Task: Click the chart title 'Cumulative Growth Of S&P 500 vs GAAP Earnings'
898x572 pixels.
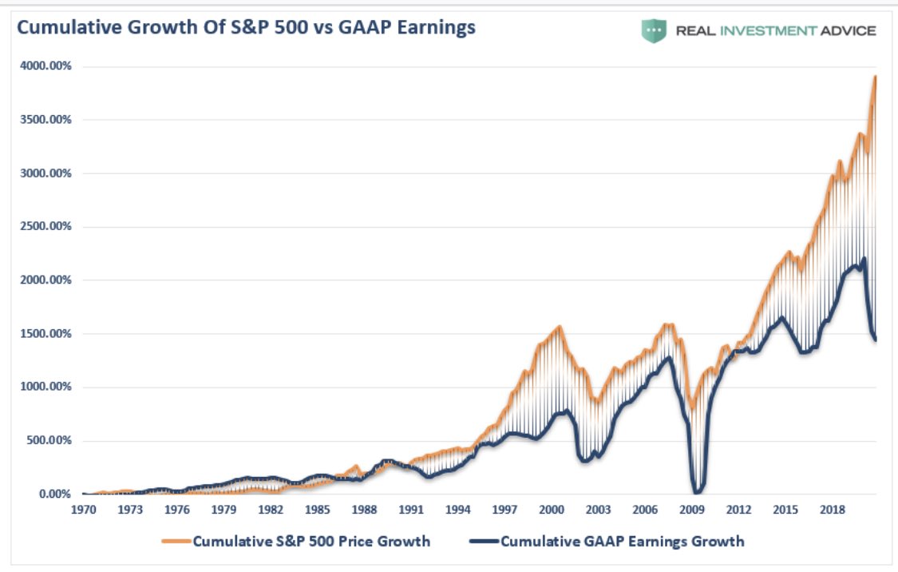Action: pyautogui.click(x=246, y=28)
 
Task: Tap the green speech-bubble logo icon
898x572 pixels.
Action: pyautogui.click(x=654, y=31)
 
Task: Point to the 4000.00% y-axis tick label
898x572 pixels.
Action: pyautogui.click(x=45, y=66)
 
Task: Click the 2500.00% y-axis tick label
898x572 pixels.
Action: pyautogui.click(x=45, y=227)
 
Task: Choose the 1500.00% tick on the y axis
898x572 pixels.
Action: pyautogui.click(x=45, y=334)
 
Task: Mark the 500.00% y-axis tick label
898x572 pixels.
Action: pyautogui.click(x=48, y=441)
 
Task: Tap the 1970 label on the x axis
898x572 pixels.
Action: pyautogui.click(x=83, y=510)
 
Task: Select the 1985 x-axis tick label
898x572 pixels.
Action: pyautogui.click(x=318, y=510)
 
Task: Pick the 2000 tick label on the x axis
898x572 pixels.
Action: pyautogui.click(x=552, y=510)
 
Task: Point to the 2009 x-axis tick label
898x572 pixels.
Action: pyautogui.click(x=693, y=510)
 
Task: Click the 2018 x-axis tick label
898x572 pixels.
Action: pyautogui.click(x=833, y=510)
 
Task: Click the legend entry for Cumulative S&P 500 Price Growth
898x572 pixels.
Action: pyautogui.click(x=311, y=542)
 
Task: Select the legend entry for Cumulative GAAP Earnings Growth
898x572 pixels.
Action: pyautogui.click(x=622, y=542)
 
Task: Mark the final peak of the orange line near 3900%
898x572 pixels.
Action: pyautogui.click(x=876, y=77)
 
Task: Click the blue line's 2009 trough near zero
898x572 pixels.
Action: pyautogui.click(x=698, y=491)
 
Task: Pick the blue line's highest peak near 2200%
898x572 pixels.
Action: pyautogui.click(x=864, y=259)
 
